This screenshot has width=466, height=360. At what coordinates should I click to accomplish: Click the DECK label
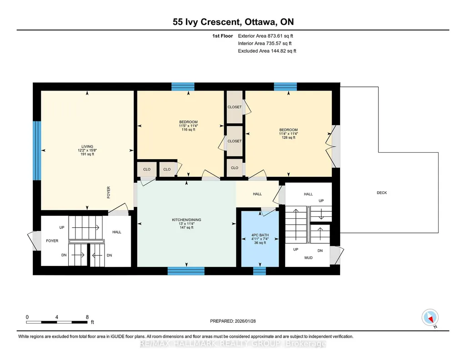pyautogui.click(x=381, y=193)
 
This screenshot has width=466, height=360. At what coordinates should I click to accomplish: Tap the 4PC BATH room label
pyautogui.click(x=260, y=235)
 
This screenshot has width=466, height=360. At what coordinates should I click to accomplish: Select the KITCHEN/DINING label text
pyautogui.click(x=186, y=220)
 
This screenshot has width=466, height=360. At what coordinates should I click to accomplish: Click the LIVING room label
pyautogui.click(x=87, y=146)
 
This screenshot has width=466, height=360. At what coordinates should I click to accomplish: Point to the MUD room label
pyautogui.click(x=308, y=258)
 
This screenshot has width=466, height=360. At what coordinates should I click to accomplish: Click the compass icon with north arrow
pyautogui.click(x=430, y=318)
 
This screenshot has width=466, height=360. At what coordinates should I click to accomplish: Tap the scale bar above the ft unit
pyautogui.click(x=57, y=322)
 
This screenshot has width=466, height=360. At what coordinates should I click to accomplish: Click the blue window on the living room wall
pyautogui.click(x=37, y=150)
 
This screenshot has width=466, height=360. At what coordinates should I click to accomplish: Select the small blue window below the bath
pyautogui.click(x=260, y=271)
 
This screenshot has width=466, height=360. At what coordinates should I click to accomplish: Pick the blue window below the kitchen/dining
pyautogui.click(x=186, y=271)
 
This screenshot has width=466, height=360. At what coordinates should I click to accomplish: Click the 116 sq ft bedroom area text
pyautogui.click(x=188, y=130)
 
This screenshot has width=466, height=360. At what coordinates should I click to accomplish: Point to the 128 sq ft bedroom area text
pyautogui.click(x=288, y=138)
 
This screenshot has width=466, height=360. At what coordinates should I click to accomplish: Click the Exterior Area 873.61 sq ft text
pyautogui.click(x=266, y=36)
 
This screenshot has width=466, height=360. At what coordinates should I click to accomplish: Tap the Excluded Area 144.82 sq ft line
pyautogui.click(x=267, y=51)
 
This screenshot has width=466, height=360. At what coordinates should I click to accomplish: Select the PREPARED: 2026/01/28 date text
pyautogui.click(x=233, y=321)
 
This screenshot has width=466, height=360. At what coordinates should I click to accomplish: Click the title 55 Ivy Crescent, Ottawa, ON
pyautogui.click(x=233, y=22)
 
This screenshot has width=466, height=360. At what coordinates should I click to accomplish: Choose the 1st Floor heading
pyautogui.click(x=223, y=36)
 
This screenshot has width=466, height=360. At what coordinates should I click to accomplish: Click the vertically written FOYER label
pyautogui.click(x=109, y=192)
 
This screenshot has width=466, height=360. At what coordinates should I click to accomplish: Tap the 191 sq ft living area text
pyautogui.click(x=87, y=154)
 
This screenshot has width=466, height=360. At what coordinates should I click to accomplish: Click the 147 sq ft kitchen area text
pyautogui.click(x=186, y=228)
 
